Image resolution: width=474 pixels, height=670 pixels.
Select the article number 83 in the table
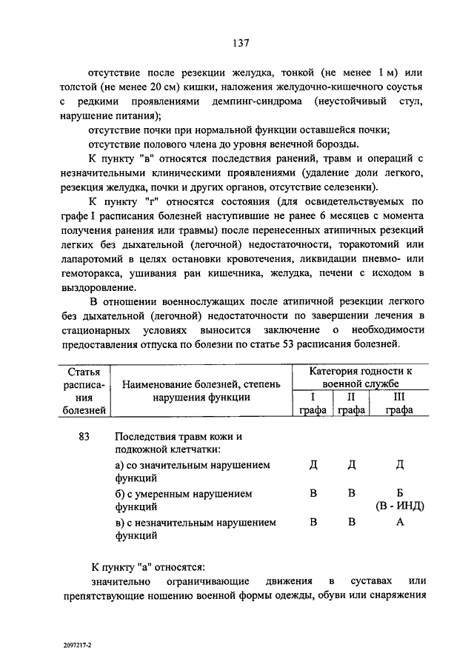pyautogui.click(x=84, y=438)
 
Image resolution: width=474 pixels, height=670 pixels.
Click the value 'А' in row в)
pyautogui.click(x=399, y=523)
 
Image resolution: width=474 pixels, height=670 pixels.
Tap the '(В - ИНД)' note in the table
pyautogui.click(x=399, y=506)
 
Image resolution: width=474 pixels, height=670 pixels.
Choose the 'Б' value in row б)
pyautogui.click(x=399, y=494)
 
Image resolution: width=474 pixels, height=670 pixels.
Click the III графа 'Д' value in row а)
pyautogui.click(x=399, y=465)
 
